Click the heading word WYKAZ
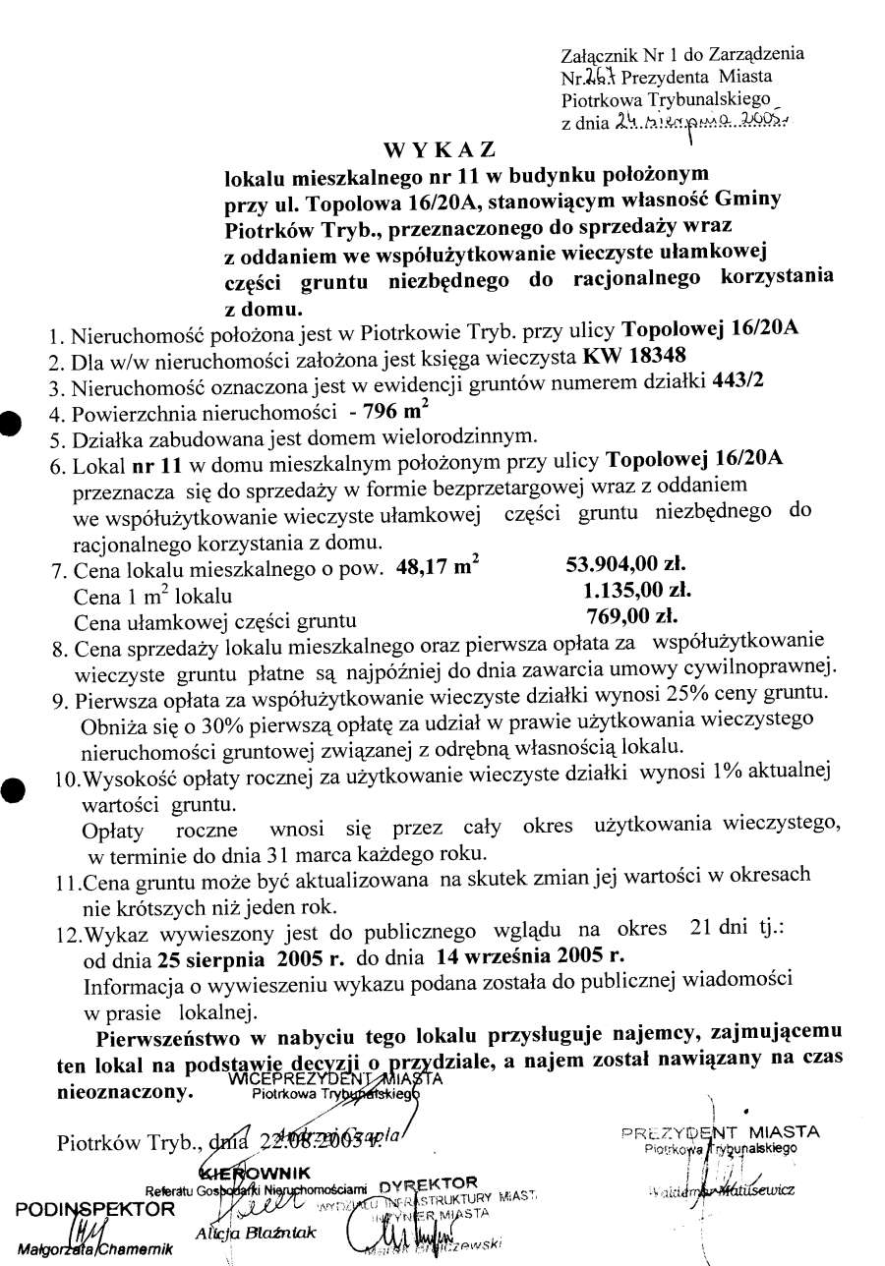point(439,150)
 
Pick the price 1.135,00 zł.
point(637,591)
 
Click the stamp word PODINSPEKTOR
point(95,1208)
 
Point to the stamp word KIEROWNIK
point(257,1173)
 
